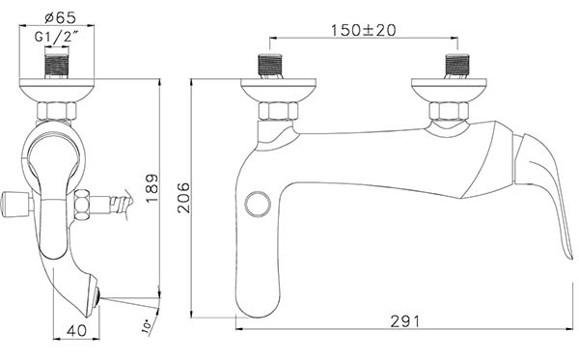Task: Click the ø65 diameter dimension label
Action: pos(60,17)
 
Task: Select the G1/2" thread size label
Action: pos(57,38)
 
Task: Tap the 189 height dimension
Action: pos(152,188)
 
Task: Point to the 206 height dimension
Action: pos(183,198)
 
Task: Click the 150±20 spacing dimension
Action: pos(363,30)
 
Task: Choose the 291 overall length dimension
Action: pos(405,321)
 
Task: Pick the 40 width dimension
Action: pos(77,330)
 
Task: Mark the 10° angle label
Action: pos(147,327)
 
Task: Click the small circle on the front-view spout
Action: pos(258,204)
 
